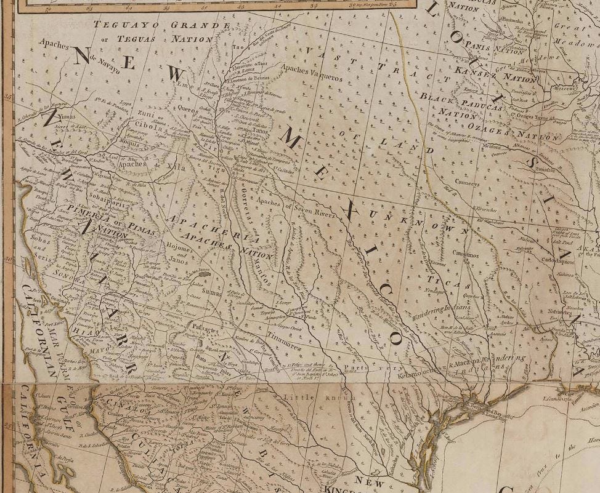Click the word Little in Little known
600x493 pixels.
tap(302, 397)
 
